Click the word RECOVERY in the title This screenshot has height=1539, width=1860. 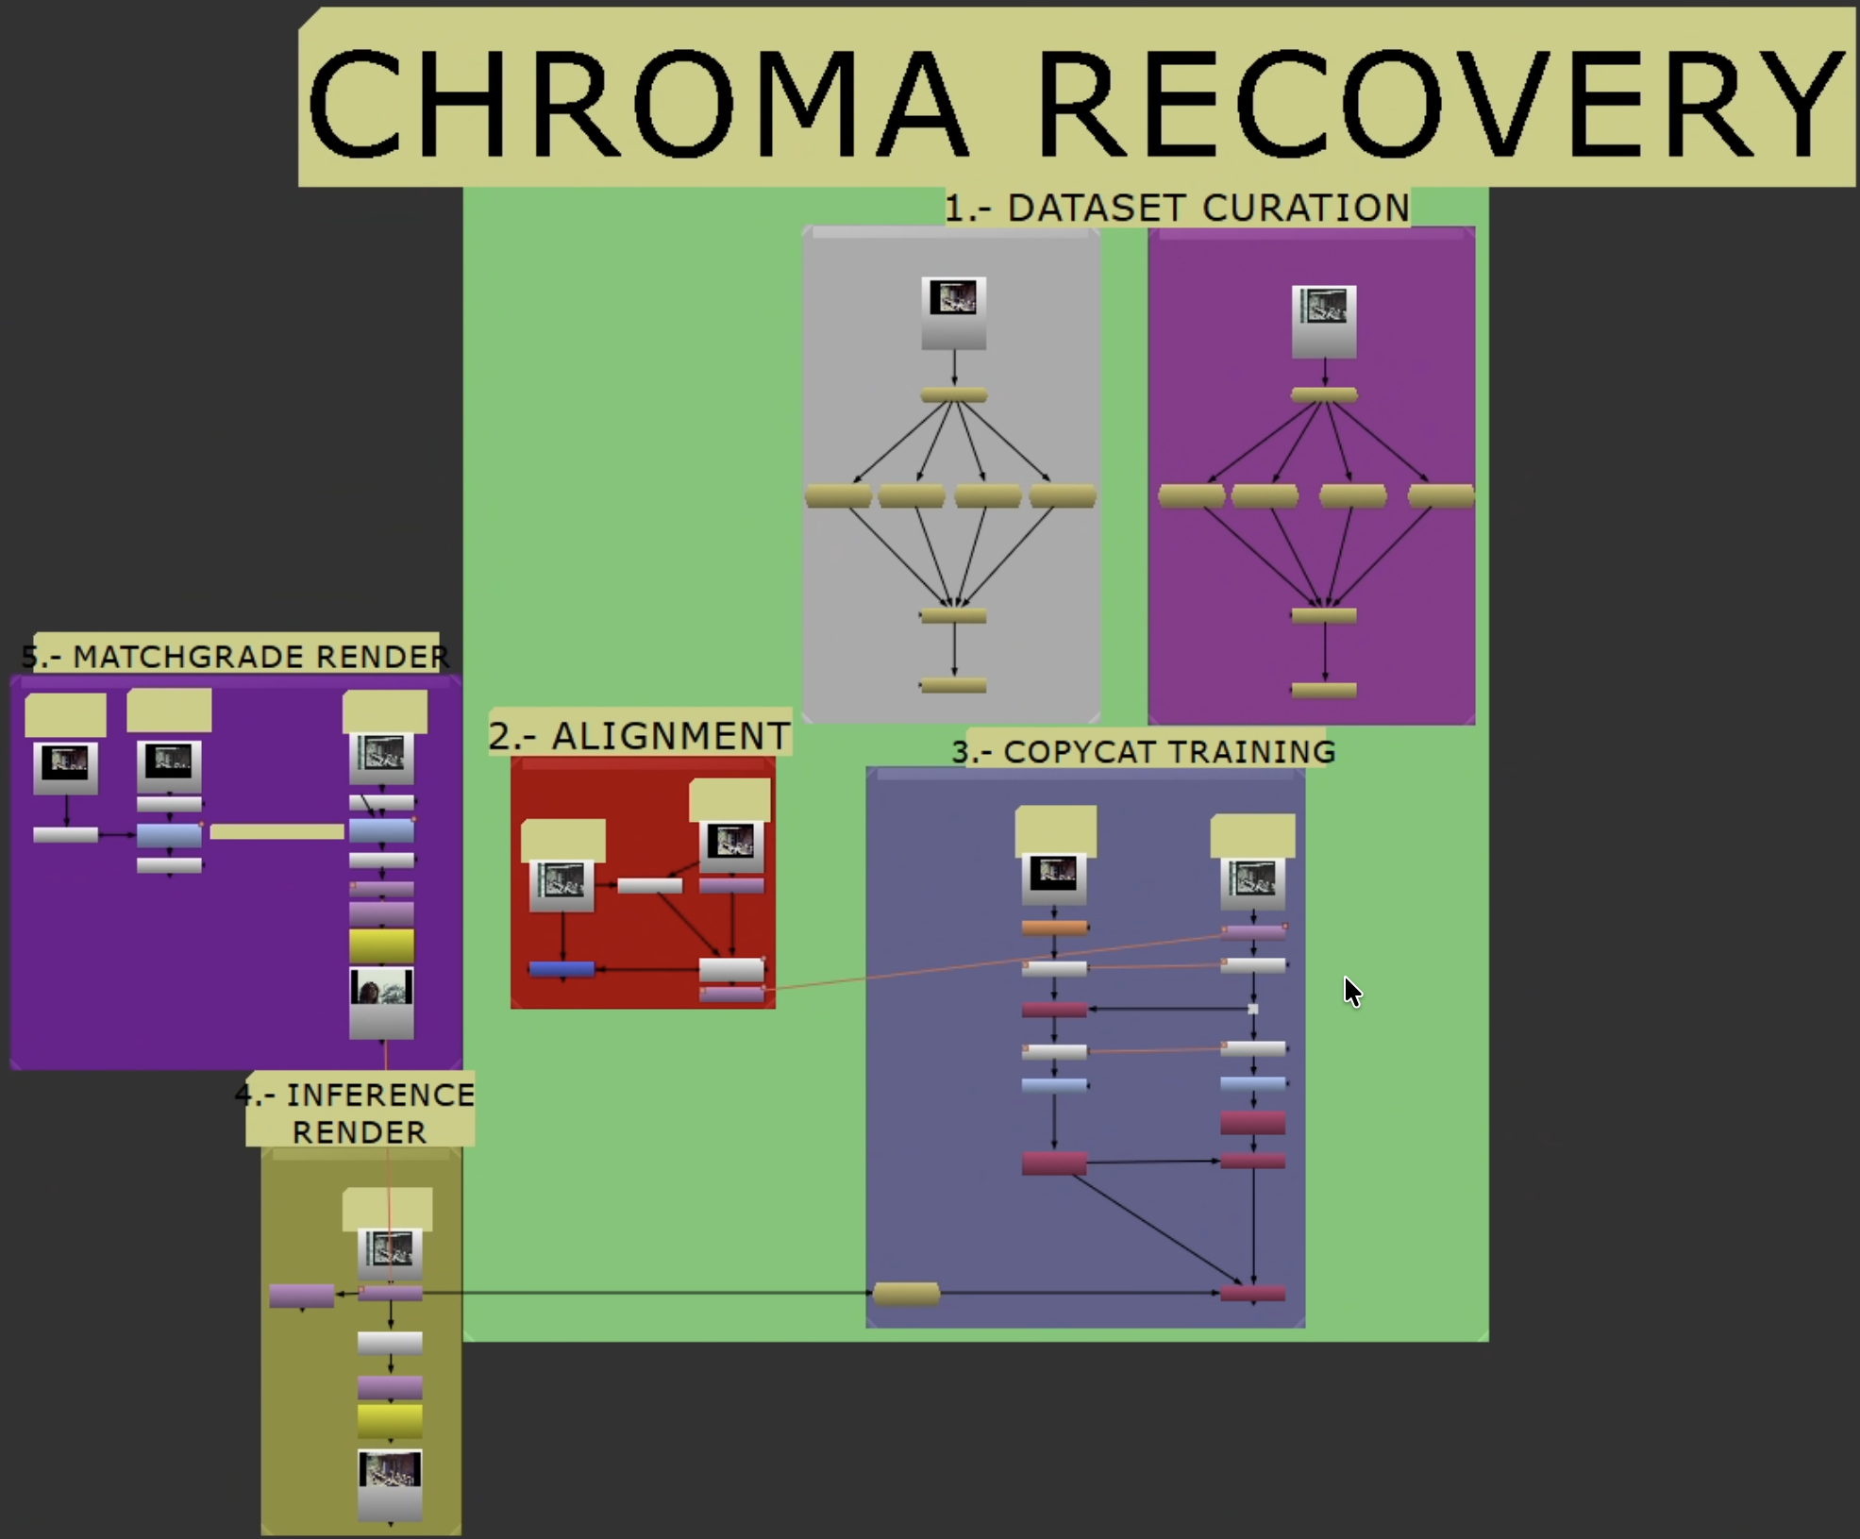[1439, 104]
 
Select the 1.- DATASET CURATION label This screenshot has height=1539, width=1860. [1177, 208]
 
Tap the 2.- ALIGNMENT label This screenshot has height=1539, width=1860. [639, 736]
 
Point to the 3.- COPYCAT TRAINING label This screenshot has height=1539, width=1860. [1144, 752]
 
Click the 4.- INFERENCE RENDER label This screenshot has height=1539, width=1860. [360, 1112]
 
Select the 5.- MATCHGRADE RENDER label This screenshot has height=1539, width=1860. [236, 656]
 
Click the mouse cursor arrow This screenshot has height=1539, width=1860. [1351, 990]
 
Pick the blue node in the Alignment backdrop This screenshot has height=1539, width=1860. [561, 968]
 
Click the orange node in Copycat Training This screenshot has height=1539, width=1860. [1054, 928]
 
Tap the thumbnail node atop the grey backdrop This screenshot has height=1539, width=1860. [954, 311]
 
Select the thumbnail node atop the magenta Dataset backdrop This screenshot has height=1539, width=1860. [1324, 321]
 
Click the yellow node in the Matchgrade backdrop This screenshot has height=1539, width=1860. [381, 945]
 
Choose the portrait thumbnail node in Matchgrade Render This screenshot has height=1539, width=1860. [381, 1002]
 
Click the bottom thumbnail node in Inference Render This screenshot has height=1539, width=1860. [390, 1483]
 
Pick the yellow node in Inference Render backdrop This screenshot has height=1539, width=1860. [390, 1419]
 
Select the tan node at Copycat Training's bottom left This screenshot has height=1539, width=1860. [906, 1294]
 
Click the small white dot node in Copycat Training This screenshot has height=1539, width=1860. [1253, 1009]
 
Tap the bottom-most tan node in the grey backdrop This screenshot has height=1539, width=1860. [953, 686]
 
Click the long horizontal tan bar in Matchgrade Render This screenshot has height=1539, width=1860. [276, 831]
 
